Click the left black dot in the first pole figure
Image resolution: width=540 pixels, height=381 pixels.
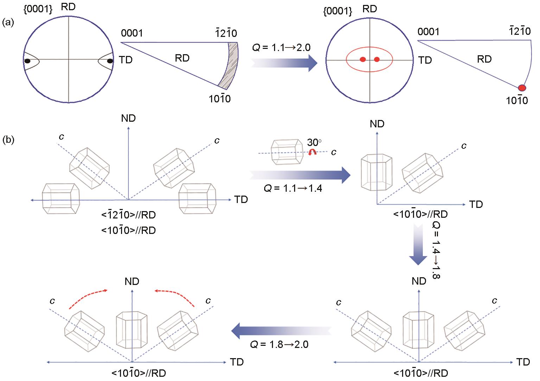point(27,61)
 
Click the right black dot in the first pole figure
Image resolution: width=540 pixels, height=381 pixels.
point(110,61)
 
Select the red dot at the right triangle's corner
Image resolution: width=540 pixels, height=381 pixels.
point(522,87)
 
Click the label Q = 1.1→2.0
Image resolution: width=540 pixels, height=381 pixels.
point(281,47)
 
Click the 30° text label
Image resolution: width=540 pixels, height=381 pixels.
point(314,142)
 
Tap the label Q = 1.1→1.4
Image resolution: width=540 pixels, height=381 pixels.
point(293,188)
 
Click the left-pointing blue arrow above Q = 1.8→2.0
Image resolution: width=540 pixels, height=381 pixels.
point(281,330)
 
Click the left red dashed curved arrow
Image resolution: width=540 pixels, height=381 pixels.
point(87,299)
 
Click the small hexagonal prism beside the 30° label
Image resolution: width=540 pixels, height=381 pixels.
point(286,151)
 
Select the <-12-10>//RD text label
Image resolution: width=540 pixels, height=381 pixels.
point(128,215)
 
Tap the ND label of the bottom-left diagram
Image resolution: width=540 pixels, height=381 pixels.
point(132,281)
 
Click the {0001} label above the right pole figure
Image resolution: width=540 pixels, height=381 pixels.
point(337,11)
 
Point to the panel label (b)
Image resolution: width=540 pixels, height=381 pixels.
point(8,140)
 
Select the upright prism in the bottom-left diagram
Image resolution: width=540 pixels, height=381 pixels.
point(132,329)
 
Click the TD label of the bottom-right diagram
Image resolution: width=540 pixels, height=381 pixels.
point(523,362)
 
